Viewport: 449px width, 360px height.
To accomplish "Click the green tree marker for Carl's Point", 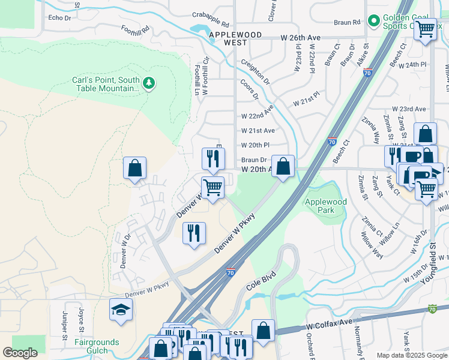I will pyautogui.click(x=149, y=82).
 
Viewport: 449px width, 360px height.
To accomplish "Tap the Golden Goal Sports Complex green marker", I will pyautogui.click(x=374, y=22).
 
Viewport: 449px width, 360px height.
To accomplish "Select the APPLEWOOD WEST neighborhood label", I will pyautogui.click(x=235, y=39).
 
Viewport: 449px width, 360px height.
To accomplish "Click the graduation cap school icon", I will pyautogui.click(x=121, y=310).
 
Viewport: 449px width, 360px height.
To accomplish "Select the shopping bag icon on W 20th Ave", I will pyautogui.click(x=283, y=166).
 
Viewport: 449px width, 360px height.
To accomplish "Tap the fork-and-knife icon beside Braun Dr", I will pyautogui.click(x=213, y=158).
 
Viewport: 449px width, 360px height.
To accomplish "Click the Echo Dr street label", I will pyautogui.click(x=59, y=18).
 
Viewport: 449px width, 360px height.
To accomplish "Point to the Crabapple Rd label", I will pyautogui.click(x=211, y=19).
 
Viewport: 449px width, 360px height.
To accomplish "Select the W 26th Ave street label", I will pyautogui.click(x=301, y=37).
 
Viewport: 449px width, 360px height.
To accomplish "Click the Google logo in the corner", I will pyautogui.click(x=20, y=352).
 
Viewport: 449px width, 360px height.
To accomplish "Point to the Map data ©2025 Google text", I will pyautogui.click(x=411, y=355).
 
